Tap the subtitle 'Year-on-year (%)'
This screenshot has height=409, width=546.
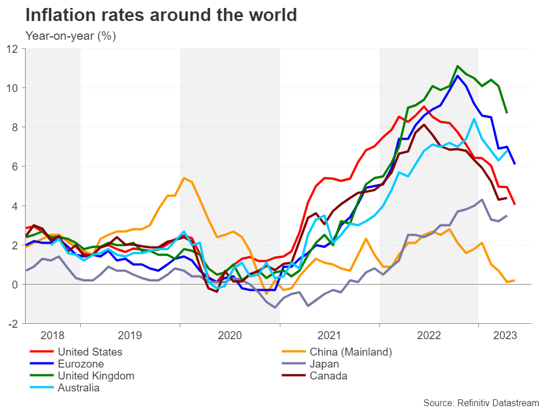[x=71, y=35]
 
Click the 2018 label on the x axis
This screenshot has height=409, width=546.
[x=52, y=336]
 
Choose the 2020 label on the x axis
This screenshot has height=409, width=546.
[x=230, y=336]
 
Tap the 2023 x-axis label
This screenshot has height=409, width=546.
[x=505, y=336]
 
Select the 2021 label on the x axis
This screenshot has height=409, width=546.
[x=330, y=336]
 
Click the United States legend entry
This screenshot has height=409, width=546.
[x=90, y=352]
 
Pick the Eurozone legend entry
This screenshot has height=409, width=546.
[x=81, y=364]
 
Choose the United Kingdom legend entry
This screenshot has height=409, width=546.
[x=96, y=375]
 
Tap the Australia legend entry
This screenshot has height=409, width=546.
[x=78, y=388]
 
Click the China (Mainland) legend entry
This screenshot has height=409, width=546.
[x=350, y=352]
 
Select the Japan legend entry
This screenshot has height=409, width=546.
[x=324, y=364]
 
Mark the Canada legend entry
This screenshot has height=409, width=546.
[x=328, y=375]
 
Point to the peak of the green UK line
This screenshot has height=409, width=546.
[x=457, y=66]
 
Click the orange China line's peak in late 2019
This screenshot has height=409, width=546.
[x=184, y=178]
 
